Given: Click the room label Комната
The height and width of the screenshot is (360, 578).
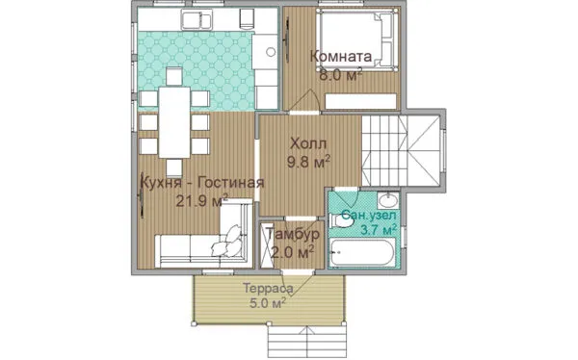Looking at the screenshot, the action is pyautogui.click(x=341, y=57).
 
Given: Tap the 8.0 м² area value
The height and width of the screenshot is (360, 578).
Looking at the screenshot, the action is pyautogui.click(x=341, y=75).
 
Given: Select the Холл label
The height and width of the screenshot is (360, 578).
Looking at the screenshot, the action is pyautogui.click(x=308, y=143).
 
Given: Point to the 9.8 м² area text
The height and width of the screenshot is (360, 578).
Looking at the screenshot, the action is pyautogui.click(x=308, y=162).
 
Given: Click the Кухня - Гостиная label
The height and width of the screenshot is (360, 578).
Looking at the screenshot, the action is pyautogui.click(x=203, y=183).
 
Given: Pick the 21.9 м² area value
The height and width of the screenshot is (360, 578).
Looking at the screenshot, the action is pyautogui.click(x=201, y=201).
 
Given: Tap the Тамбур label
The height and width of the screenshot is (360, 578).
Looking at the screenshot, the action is pyautogui.click(x=292, y=234).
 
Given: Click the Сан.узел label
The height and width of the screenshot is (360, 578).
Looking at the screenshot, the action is pyautogui.click(x=369, y=215).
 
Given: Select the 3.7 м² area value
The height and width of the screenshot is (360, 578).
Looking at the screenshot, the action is pyautogui.click(x=379, y=230).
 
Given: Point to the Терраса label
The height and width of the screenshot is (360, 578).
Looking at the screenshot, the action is pyautogui.click(x=268, y=288).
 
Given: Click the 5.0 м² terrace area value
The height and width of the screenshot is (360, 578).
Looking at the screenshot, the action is pyautogui.click(x=268, y=303).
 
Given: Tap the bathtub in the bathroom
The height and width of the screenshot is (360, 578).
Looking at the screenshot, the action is pyautogui.click(x=362, y=253).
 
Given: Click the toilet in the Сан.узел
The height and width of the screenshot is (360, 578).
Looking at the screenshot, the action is pyautogui.click(x=341, y=221).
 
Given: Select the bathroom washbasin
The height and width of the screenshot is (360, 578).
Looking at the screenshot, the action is pyautogui.click(x=388, y=201).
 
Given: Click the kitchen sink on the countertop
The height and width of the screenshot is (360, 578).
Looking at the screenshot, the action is pyautogui.click(x=197, y=19).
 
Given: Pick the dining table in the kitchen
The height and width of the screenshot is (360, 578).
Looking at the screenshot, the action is pyautogui.click(x=174, y=122).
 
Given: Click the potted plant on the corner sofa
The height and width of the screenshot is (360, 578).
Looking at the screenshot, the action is pyautogui.click(x=227, y=242).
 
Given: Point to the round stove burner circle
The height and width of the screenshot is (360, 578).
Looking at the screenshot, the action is pyautogui.click(x=271, y=52).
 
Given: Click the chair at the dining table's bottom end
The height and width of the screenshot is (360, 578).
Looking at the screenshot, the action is pyautogui.click(x=174, y=168).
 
